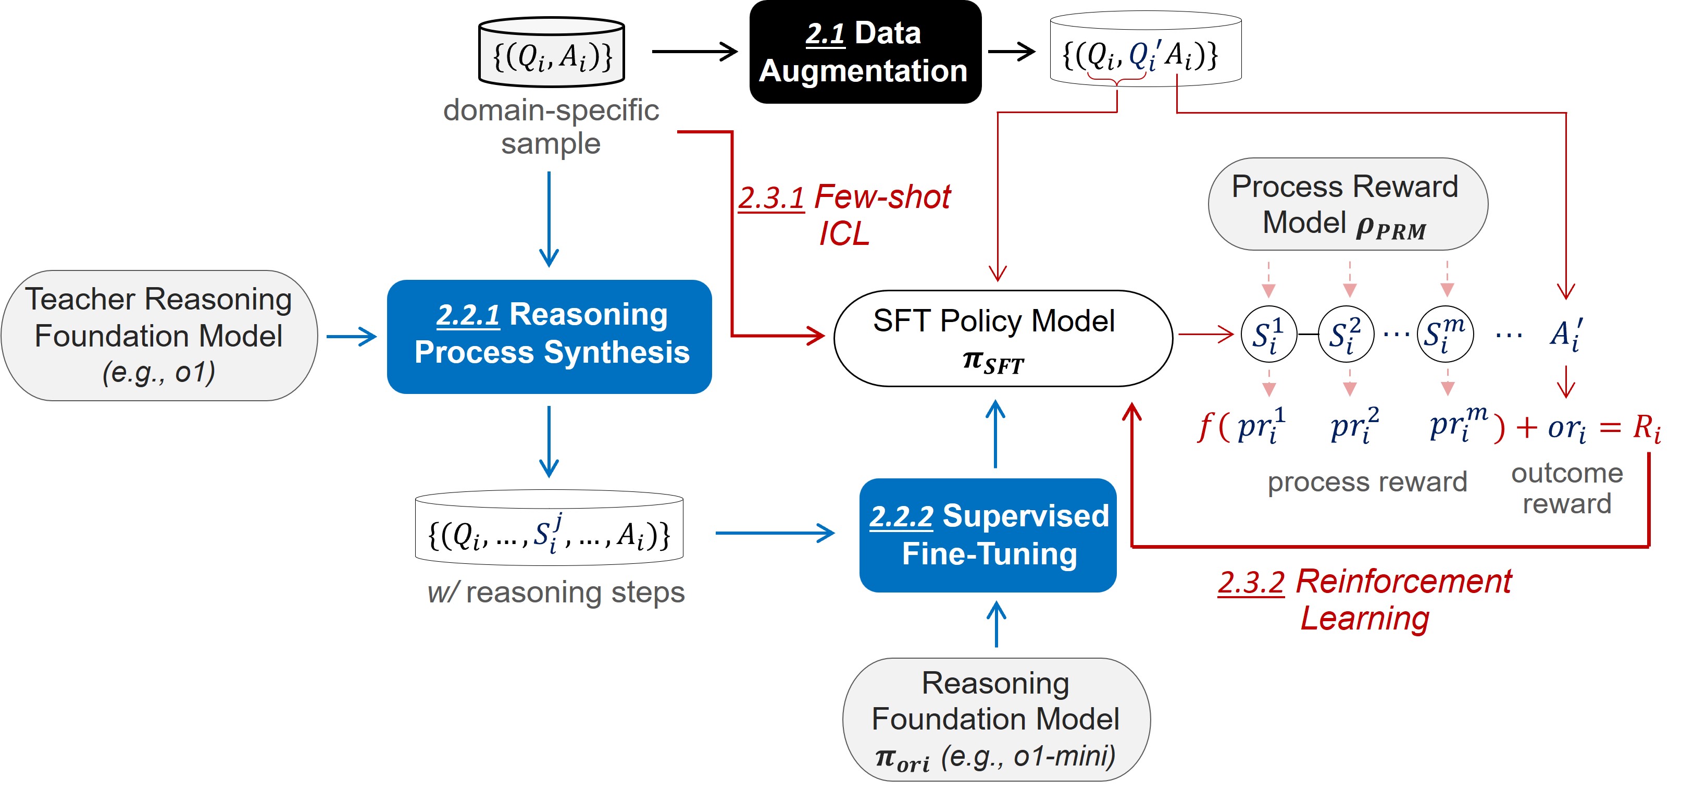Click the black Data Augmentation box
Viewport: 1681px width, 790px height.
(x=865, y=52)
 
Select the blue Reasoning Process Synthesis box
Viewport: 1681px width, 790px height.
(x=550, y=336)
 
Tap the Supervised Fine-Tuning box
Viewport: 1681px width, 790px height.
(x=988, y=535)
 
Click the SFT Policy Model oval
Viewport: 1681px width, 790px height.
(x=1002, y=338)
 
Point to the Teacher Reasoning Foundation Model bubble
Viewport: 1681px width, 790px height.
(x=158, y=335)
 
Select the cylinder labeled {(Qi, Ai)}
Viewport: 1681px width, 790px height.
(x=552, y=54)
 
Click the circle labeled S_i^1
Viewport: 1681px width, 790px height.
(x=1268, y=334)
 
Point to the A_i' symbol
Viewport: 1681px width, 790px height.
(x=1566, y=334)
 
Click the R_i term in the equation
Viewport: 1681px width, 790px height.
(x=1646, y=428)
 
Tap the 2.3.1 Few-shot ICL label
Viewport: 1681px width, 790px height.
(x=844, y=214)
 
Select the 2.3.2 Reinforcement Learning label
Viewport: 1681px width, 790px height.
(x=1365, y=599)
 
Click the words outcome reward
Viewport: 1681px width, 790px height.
(x=1566, y=488)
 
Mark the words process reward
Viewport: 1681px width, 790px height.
(x=1366, y=482)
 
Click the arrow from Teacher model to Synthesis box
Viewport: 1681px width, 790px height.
(x=352, y=336)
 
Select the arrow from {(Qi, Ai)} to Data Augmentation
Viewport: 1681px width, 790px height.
(x=694, y=51)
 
